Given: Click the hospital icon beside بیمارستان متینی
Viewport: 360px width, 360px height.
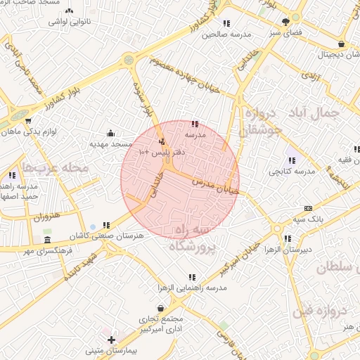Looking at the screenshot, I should (112, 340).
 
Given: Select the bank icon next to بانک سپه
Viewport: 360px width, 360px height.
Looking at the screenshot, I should (308, 208).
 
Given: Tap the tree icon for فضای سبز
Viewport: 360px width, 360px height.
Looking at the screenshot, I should (285, 22).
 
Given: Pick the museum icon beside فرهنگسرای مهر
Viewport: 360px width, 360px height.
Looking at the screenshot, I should (48, 240).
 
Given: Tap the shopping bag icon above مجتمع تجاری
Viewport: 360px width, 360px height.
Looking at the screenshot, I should (162, 308).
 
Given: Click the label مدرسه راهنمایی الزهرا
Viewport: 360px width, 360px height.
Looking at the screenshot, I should (191, 288).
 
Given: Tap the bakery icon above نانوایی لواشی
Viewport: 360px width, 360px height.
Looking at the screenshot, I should (69, 11).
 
